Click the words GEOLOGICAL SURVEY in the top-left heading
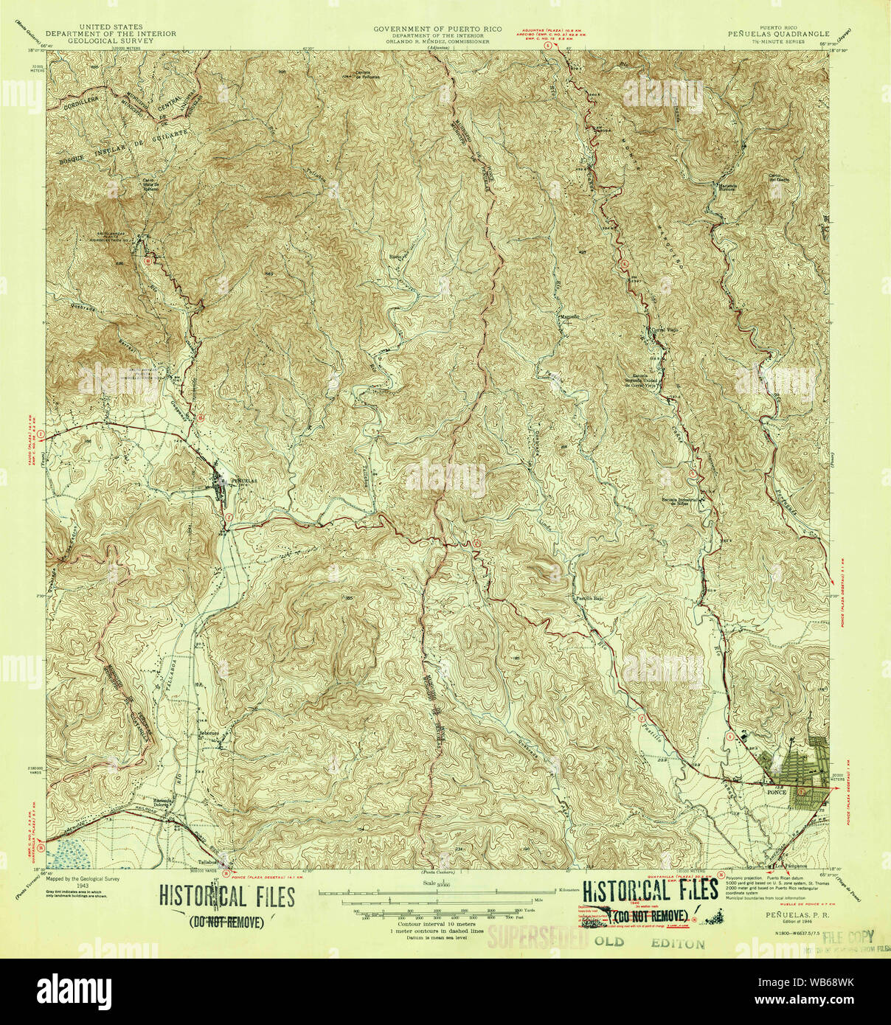tap(111, 41)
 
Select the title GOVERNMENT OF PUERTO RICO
tap(437, 29)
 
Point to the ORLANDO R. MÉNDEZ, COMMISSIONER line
tap(437, 42)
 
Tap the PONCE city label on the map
tap(777, 792)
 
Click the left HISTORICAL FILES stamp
tap(227, 897)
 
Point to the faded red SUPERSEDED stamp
tap(537, 938)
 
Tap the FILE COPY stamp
tap(848, 937)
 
